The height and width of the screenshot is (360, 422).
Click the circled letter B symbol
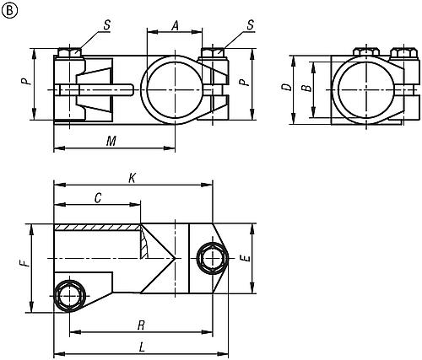tap(9, 9)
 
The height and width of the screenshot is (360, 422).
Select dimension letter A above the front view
tap(175, 25)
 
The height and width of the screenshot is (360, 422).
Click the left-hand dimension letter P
tap(26, 83)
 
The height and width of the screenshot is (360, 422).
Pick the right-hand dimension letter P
tap(243, 83)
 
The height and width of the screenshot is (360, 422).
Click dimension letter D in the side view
tap(287, 88)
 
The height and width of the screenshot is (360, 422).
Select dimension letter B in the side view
tap(308, 88)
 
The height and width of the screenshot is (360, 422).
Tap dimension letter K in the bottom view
tap(131, 178)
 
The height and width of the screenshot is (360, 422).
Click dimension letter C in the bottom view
tap(98, 198)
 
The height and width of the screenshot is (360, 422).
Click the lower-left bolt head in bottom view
tap(68, 295)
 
